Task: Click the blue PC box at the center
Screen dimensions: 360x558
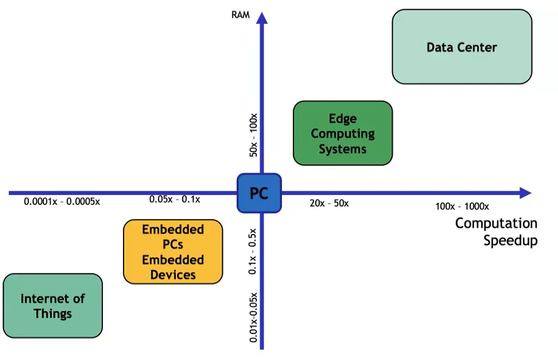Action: click(x=259, y=193)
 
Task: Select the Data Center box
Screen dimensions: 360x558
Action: click(x=462, y=47)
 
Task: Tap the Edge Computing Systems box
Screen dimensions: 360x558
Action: click(x=342, y=133)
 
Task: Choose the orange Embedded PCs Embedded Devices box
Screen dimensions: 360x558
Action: click(x=173, y=252)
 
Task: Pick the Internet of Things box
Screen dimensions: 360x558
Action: click(x=52, y=306)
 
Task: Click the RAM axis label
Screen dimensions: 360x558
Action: click(x=241, y=15)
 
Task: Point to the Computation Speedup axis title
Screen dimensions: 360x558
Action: click(x=496, y=231)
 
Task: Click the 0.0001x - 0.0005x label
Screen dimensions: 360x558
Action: click(x=62, y=201)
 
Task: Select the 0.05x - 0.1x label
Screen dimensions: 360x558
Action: click(x=175, y=199)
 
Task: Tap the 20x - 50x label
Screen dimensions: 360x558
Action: click(x=329, y=203)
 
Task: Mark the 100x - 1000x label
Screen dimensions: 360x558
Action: click(x=462, y=206)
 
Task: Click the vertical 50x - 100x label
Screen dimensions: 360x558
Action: click(x=253, y=135)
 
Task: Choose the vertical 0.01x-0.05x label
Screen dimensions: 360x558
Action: click(x=253, y=317)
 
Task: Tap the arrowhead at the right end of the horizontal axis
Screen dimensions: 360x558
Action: click(x=525, y=193)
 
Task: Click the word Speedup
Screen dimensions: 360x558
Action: click(x=510, y=240)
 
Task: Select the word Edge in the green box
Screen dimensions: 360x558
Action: click(x=342, y=118)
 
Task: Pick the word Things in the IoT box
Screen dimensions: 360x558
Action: click(x=52, y=314)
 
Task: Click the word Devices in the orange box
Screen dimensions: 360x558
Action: click(x=173, y=274)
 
